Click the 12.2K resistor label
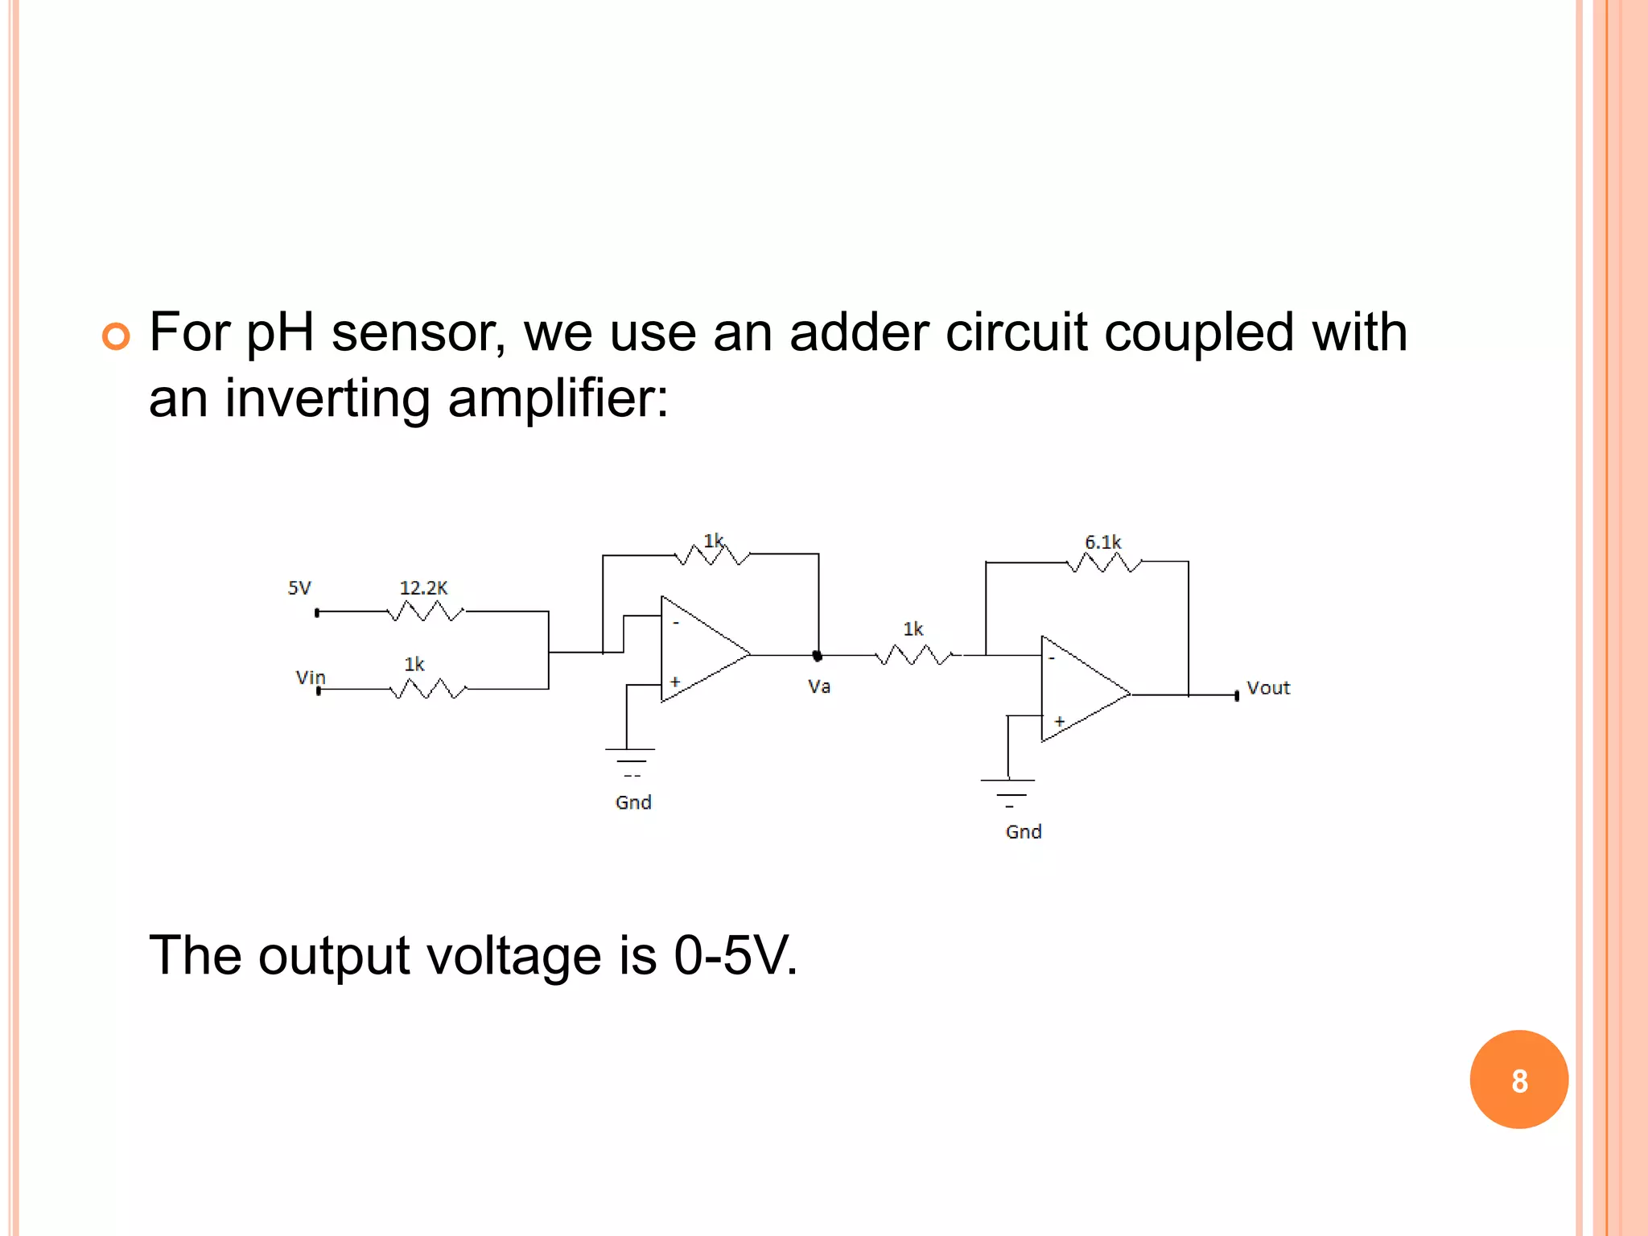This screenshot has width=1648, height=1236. point(423,588)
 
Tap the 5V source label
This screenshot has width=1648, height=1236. point(299,588)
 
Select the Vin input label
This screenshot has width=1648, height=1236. point(310,678)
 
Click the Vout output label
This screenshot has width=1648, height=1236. point(1267,688)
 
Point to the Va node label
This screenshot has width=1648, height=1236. point(819,686)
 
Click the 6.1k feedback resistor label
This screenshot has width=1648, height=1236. point(1102,542)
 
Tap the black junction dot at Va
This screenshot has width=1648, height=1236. point(818,656)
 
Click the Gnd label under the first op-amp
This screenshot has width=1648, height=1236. point(633,802)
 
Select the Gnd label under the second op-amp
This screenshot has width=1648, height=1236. point(1024,832)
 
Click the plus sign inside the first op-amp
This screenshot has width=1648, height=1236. point(675,682)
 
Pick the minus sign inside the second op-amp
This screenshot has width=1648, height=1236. point(1052,658)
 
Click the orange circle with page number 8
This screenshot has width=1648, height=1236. point(1518,1080)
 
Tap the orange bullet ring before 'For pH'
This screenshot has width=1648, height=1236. point(116,336)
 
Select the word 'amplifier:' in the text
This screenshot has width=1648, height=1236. point(558,398)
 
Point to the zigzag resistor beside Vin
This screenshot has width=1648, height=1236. point(427,690)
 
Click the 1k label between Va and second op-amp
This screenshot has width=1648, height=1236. point(913,629)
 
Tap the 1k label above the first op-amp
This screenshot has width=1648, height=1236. point(714,541)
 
